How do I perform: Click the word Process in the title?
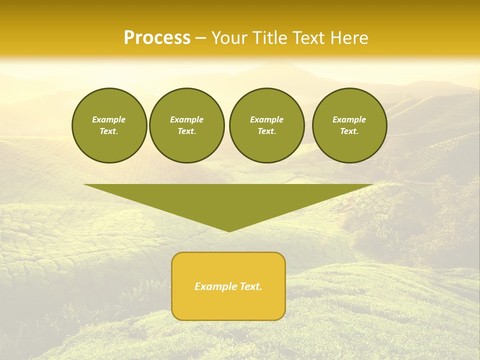coord(157,38)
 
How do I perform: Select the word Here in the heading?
coord(349,38)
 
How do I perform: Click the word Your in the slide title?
coord(229,38)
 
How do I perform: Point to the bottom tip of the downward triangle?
coord(228,231)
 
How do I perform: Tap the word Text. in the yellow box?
coord(251,286)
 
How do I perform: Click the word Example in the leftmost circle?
coord(109,119)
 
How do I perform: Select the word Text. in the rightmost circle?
coord(349,131)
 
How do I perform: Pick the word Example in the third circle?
coord(266,119)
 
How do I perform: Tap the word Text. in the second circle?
coord(186,131)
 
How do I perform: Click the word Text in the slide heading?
coord(308,38)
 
